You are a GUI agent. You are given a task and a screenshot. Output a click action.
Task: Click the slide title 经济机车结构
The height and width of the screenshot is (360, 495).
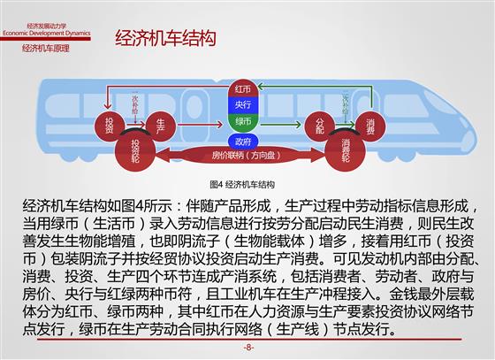click(x=165, y=38)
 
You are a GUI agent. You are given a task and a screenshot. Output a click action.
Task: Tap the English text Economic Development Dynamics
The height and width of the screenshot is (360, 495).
click(x=47, y=33)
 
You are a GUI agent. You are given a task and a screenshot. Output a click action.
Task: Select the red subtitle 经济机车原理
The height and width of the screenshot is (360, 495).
click(x=46, y=49)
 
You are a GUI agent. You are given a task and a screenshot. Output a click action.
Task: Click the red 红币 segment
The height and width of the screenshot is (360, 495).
click(x=242, y=89)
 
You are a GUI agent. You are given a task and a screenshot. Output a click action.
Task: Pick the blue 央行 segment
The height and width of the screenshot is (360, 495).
click(x=242, y=104)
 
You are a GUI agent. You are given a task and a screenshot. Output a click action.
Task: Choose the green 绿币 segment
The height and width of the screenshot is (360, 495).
click(x=242, y=120)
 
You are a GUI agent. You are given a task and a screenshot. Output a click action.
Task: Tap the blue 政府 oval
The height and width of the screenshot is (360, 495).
click(x=243, y=142)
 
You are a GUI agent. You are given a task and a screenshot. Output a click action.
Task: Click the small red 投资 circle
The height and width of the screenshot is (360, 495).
click(x=109, y=126)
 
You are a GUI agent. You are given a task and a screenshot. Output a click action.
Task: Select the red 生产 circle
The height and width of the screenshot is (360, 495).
click(x=161, y=126)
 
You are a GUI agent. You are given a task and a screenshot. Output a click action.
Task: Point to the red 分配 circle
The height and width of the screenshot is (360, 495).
click(x=320, y=126)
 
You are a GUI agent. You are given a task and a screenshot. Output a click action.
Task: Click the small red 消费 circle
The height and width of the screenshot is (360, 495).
click(x=370, y=126)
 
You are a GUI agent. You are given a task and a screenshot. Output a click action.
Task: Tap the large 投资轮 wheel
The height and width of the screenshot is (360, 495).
click(x=135, y=151)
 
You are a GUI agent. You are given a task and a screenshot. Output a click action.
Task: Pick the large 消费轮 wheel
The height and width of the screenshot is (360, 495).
click(x=345, y=151)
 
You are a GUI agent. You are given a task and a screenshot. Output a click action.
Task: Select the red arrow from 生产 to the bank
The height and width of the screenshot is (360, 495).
click(x=200, y=125)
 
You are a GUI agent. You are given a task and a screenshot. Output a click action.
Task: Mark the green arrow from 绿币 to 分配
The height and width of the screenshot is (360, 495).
click(x=281, y=125)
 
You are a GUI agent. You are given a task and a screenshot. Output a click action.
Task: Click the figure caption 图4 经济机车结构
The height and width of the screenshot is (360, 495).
click(x=242, y=184)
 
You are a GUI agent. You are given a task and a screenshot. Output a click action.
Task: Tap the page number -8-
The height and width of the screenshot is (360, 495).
click(x=248, y=348)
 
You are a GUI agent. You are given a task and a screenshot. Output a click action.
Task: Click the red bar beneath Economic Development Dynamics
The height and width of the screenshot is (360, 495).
click(x=45, y=39)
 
